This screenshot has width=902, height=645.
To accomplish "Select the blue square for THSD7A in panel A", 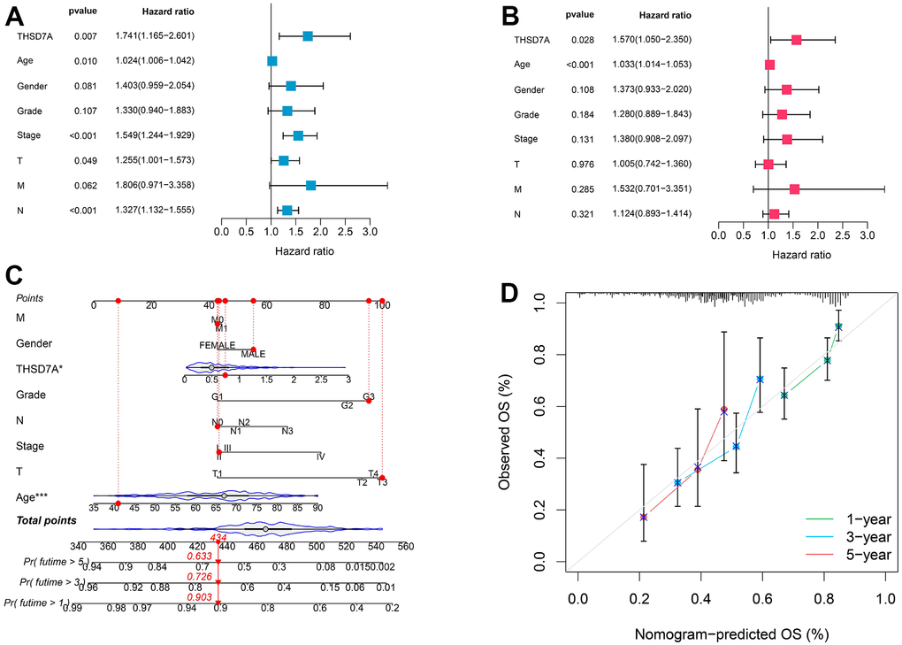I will (x=308, y=36).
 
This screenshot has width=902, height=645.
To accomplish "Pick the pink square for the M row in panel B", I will (x=794, y=189).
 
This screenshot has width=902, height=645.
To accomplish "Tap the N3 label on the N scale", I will (x=287, y=431).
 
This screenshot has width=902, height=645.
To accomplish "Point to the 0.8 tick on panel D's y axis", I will (x=555, y=355).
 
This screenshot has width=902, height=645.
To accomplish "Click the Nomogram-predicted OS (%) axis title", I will (x=730, y=633).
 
